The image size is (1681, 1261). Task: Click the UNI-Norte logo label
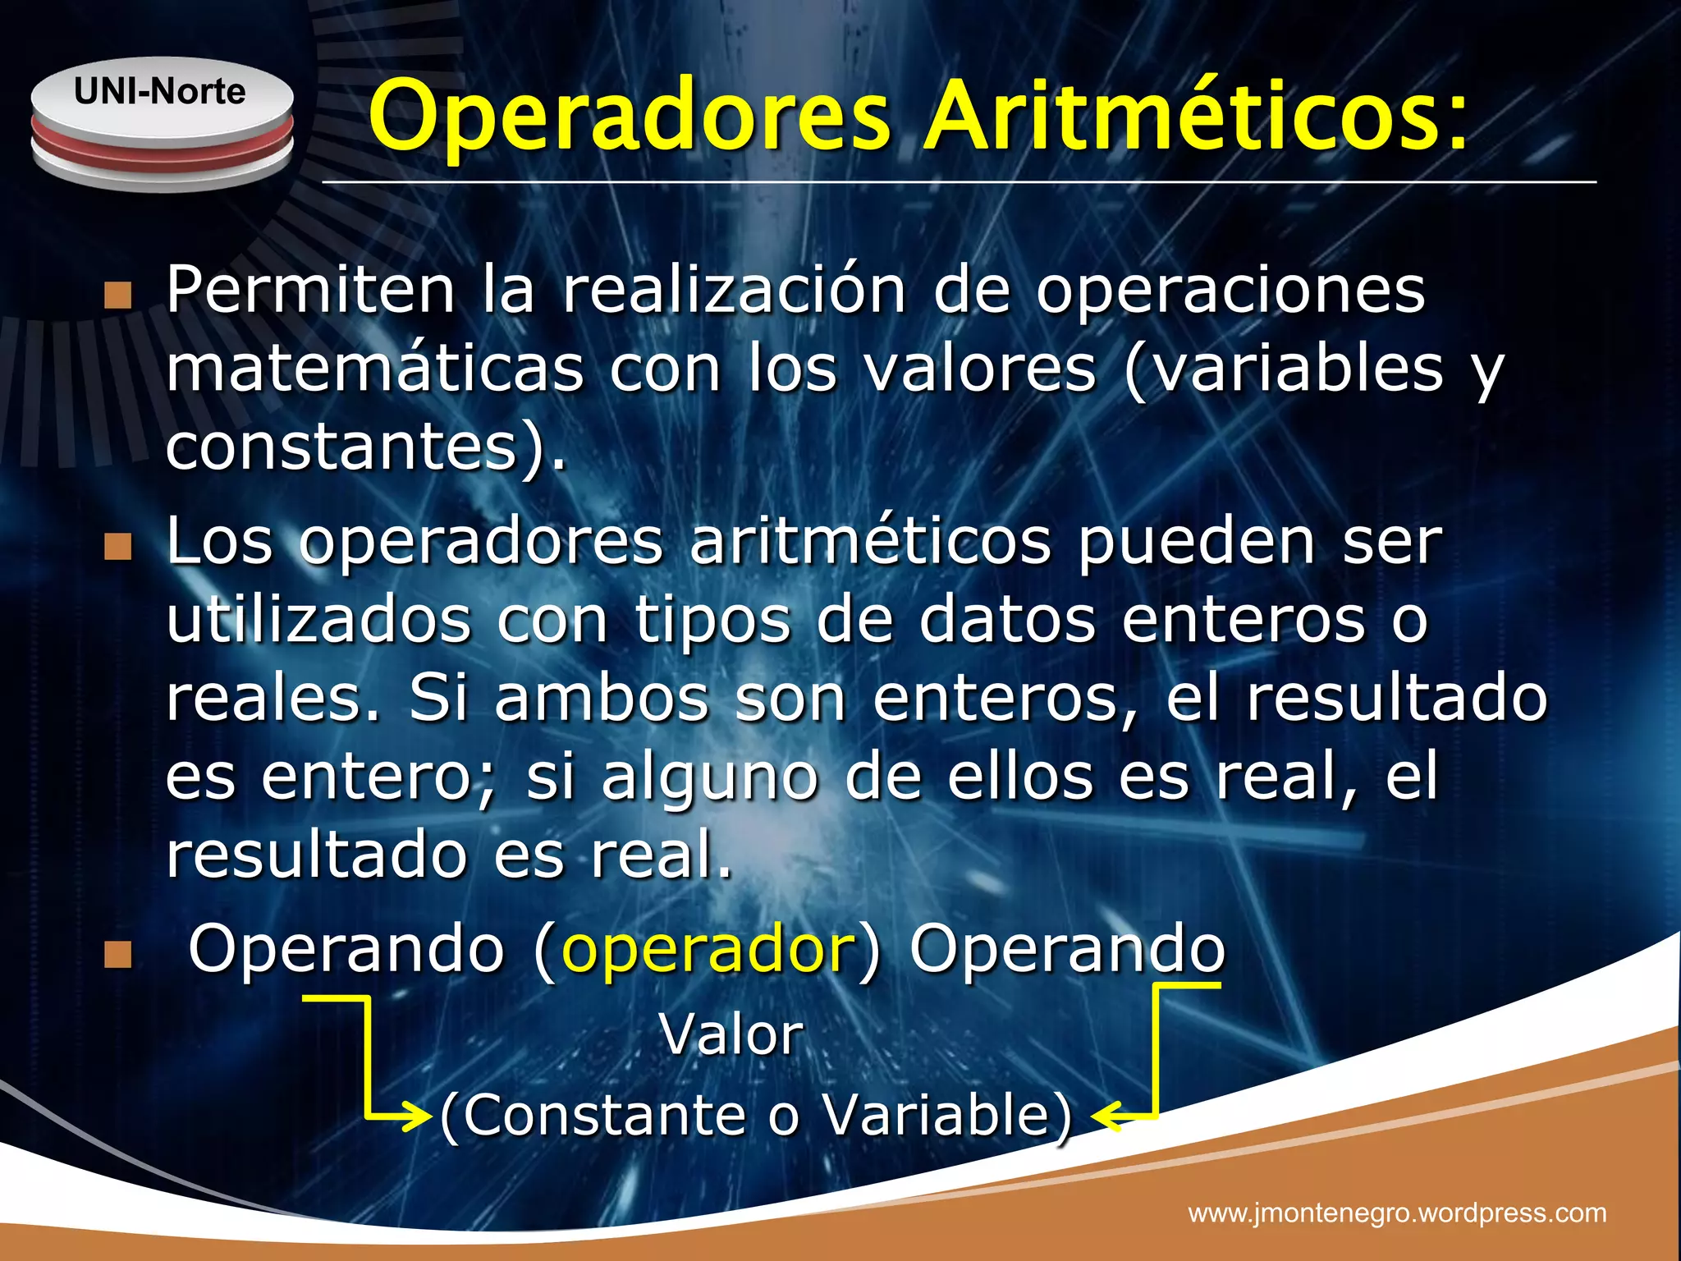(159, 91)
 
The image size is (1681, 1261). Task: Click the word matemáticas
(375, 369)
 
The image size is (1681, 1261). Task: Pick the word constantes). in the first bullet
(366, 448)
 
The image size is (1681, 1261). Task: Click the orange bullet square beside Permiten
(118, 296)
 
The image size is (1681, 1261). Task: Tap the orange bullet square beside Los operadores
(118, 547)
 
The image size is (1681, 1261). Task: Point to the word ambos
(601, 699)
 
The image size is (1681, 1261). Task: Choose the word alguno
(709, 778)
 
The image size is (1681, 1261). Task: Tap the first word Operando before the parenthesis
(346, 949)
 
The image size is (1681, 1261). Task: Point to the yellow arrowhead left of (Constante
(419, 1117)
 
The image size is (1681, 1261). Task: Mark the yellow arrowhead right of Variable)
(1105, 1117)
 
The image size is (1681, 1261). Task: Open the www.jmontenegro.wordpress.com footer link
(1397, 1213)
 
